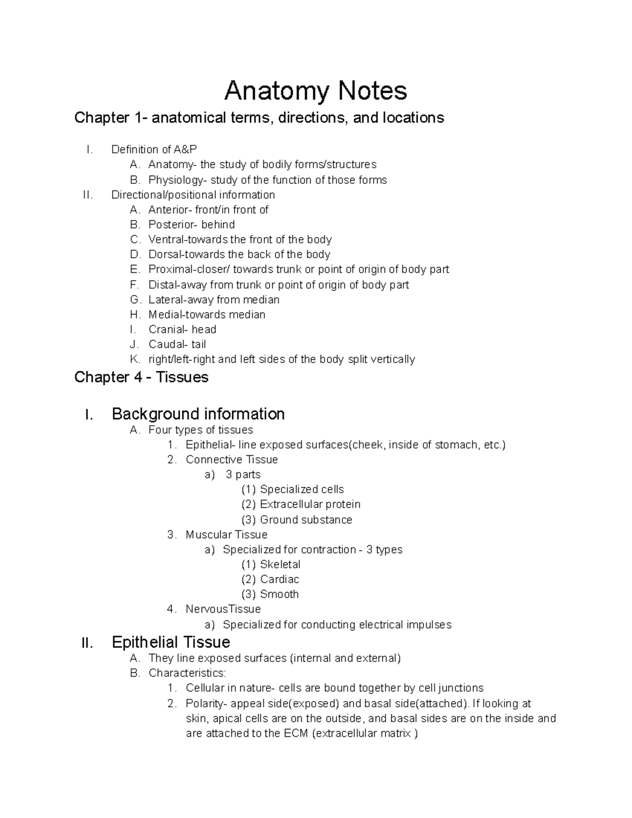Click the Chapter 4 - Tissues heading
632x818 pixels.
141,377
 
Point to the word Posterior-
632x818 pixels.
173,224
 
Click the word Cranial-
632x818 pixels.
167,330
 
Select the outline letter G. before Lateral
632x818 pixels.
135,300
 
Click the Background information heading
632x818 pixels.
198,414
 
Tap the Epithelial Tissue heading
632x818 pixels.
171,642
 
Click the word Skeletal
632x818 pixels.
280,565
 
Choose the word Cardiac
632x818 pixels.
280,579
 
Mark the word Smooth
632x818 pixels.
279,594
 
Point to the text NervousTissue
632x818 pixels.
223,609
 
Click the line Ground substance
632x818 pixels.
306,520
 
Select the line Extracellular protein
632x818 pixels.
310,505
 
